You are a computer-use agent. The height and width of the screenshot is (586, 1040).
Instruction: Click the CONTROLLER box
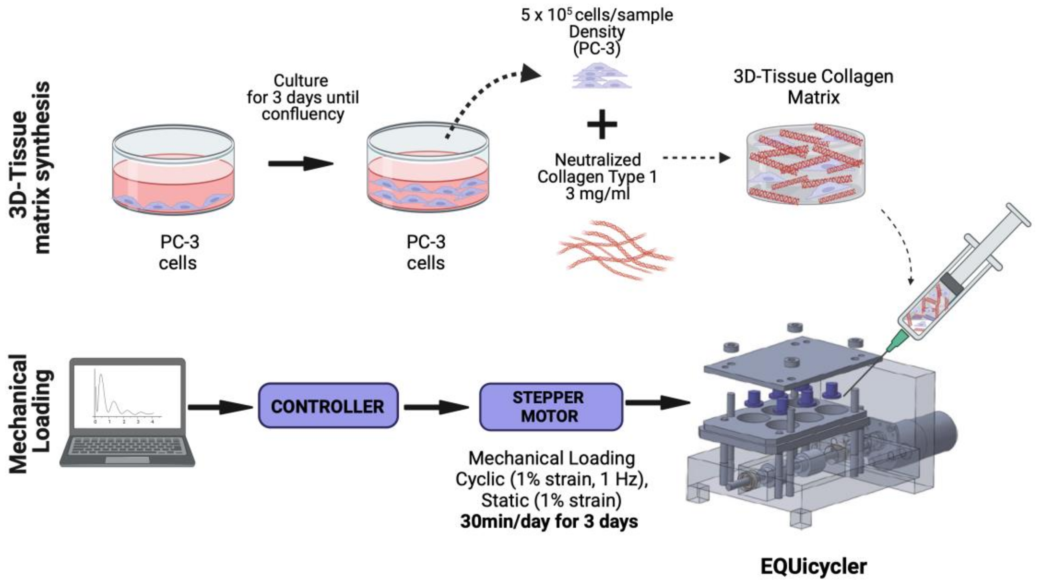tap(328, 406)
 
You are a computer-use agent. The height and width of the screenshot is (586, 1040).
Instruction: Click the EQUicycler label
tap(813, 566)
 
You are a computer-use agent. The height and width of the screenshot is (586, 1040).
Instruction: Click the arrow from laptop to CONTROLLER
tap(220, 407)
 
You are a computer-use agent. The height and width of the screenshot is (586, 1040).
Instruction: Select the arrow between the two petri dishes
tap(301, 163)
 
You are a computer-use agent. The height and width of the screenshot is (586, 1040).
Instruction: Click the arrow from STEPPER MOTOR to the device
tap(657, 402)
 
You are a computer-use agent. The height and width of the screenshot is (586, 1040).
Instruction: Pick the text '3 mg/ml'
tap(597, 194)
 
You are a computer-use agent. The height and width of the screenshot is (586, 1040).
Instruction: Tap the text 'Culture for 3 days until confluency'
tap(302, 97)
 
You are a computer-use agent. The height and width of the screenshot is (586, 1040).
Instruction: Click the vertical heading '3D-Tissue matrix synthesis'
tap(30, 167)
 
